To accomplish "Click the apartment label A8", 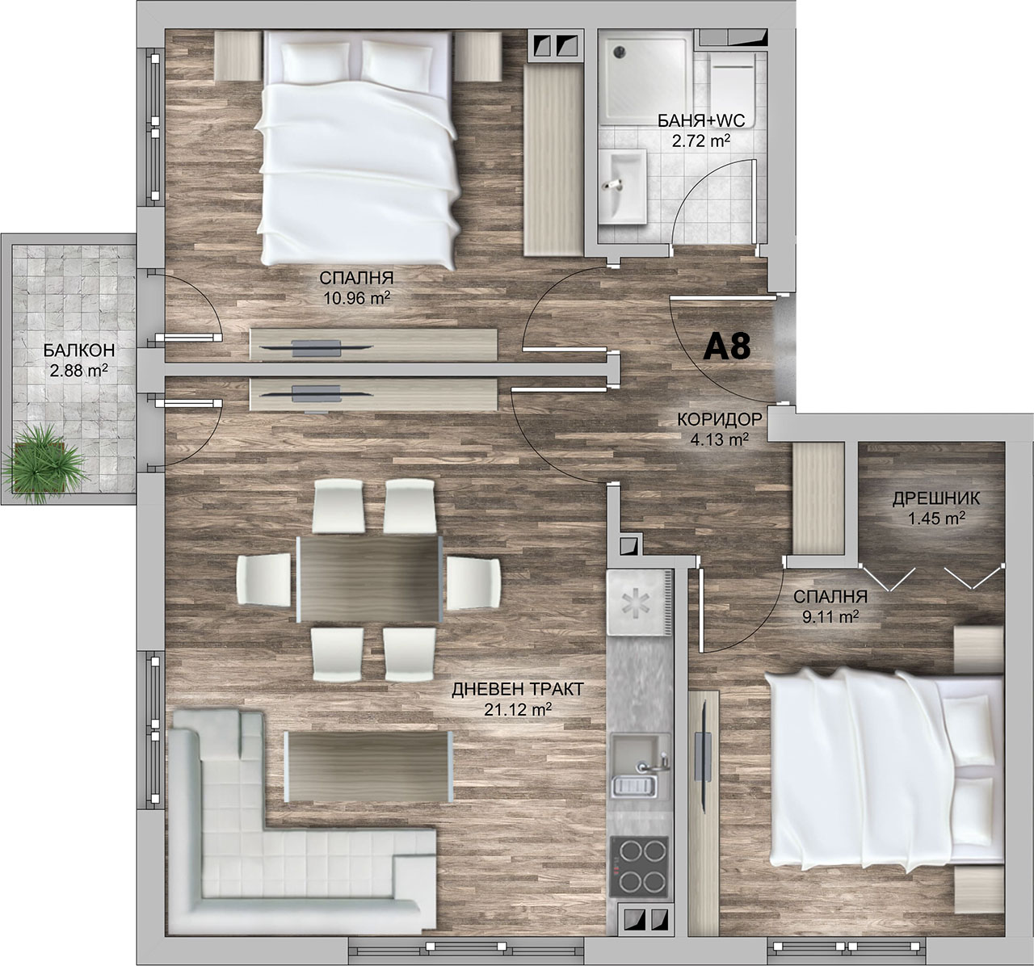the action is [x=726, y=346].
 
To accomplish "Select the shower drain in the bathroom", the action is [x=620, y=52].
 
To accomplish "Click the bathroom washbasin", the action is [x=623, y=187].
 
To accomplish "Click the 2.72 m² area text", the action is [x=701, y=140].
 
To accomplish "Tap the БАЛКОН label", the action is [x=79, y=350].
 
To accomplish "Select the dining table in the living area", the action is [x=369, y=579].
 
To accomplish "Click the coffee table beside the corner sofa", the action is [x=368, y=766].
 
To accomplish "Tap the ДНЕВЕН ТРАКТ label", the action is [x=518, y=690].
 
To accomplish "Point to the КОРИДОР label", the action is [x=720, y=418].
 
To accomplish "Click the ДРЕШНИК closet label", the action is [x=936, y=498].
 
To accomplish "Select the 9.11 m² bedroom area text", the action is [x=830, y=617].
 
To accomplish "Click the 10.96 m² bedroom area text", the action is [x=356, y=298].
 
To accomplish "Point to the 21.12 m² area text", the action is [x=518, y=709].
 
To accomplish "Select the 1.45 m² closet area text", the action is [x=936, y=519].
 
